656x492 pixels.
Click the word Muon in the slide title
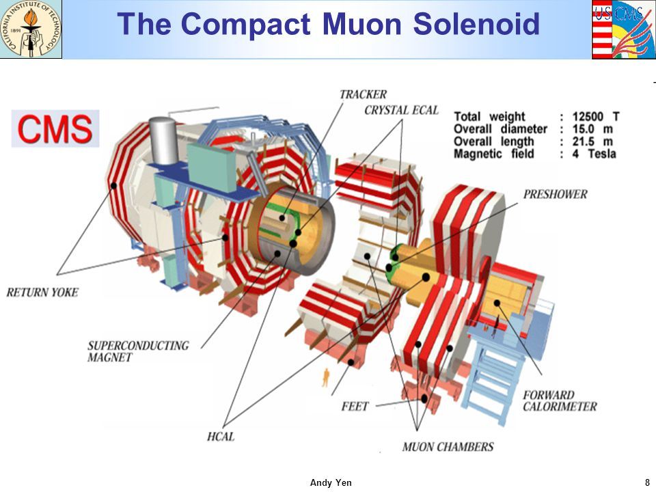[x=363, y=25]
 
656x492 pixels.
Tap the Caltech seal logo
[x=31, y=29]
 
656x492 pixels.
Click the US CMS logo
[x=623, y=29]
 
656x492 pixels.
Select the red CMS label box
[x=55, y=128]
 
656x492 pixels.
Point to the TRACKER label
[x=363, y=94]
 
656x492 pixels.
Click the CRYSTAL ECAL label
[x=401, y=110]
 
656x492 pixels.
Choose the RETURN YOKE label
[x=42, y=292]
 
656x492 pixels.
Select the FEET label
[x=355, y=407]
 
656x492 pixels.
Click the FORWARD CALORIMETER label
[x=559, y=400]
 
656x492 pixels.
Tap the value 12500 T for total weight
[x=594, y=116]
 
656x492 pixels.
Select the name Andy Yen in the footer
[x=331, y=483]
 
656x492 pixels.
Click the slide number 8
[x=647, y=483]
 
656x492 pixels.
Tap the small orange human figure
[x=326, y=374]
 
